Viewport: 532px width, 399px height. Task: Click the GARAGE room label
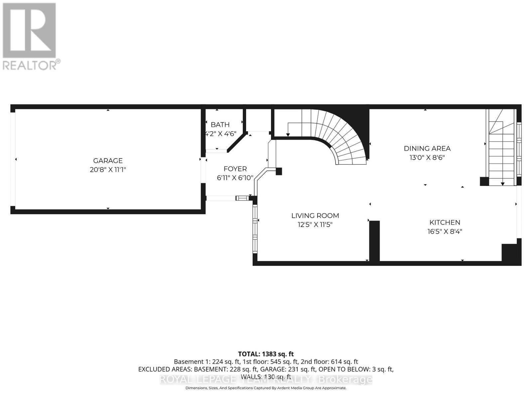pos(108,161)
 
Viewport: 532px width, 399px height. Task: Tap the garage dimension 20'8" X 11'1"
pos(108,170)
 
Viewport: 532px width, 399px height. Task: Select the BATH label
pos(220,125)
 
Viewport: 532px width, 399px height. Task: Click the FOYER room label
pos(235,169)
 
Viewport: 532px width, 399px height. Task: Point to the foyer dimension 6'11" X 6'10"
pos(235,178)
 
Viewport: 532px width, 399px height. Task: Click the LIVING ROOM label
pos(315,216)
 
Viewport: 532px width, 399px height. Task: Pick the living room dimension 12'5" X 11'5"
pos(315,225)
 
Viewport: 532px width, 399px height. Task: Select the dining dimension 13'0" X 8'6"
pos(427,158)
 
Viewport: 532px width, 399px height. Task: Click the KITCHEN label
pos(445,222)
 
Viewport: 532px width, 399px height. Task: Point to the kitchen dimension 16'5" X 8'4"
pos(445,231)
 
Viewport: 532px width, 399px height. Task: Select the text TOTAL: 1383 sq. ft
pos(266,354)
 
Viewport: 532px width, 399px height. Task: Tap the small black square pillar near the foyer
pos(279,171)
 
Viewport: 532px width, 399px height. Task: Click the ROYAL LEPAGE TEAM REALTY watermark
pos(266,379)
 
